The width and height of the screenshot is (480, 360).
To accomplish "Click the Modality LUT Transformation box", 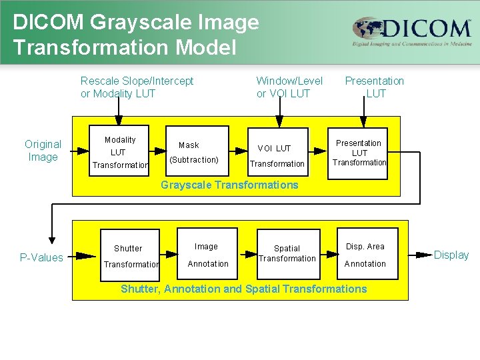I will coord(119,153).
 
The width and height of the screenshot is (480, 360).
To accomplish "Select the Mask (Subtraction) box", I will coord(194,153).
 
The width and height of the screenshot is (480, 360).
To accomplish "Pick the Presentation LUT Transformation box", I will coord(360,153).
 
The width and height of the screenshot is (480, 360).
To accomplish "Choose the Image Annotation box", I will coord(208,255).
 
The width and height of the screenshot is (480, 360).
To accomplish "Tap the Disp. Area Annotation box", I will coord(365,255).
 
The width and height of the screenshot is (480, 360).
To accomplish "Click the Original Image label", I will coord(43,151).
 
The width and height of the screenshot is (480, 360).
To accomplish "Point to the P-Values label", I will coord(41,257).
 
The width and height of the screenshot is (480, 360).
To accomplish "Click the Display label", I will coord(451,255).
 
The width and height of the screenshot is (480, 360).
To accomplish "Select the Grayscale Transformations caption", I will coord(229,185).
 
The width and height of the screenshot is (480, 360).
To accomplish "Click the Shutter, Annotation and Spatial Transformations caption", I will coord(243,289).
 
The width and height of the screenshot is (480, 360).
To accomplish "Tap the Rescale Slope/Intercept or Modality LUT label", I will coord(137,87).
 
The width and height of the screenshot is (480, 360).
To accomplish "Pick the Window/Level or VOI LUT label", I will coord(289,87).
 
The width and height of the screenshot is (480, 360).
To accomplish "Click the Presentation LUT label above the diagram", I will coord(375,87).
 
